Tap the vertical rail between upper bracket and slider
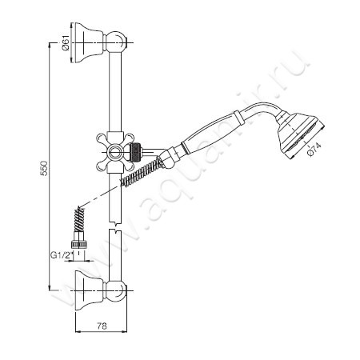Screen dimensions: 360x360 [x=116, y=96]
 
